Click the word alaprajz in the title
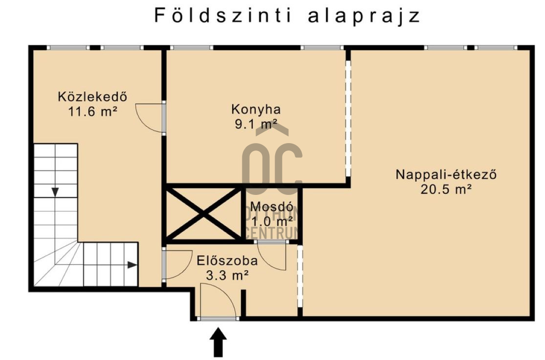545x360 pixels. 364,15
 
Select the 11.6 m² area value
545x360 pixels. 93,111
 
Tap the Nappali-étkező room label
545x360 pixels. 446,174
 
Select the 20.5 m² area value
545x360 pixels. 446,190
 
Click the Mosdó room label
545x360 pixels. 272,206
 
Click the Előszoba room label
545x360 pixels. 227,260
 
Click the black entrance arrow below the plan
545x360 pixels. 218,341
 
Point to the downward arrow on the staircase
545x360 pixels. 55,191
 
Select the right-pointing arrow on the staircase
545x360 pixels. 132,265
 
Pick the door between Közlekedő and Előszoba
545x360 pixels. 177,264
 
